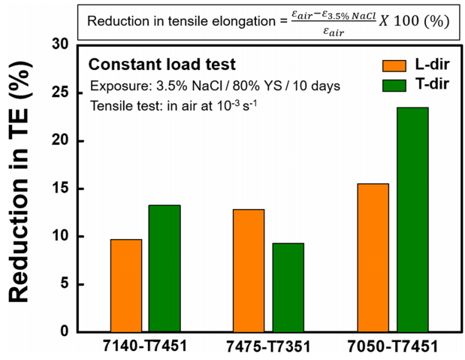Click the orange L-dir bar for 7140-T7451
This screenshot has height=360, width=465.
click(x=126, y=286)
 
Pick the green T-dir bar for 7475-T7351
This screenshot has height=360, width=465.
click(x=287, y=287)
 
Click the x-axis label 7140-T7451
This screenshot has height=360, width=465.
click(x=145, y=347)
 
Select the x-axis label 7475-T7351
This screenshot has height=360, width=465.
click(x=268, y=347)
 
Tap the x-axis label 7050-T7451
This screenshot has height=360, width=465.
click(x=393, y=347)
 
